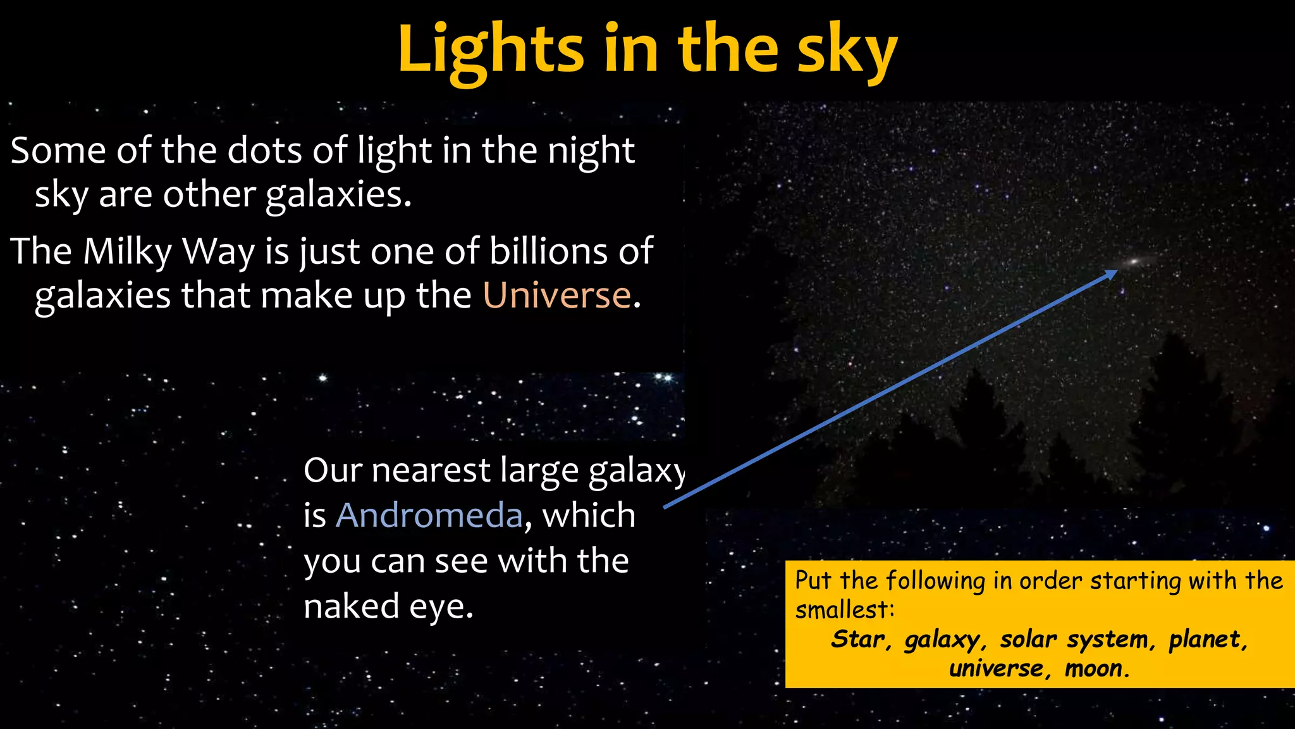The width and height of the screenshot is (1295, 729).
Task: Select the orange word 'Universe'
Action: tap(557, 295)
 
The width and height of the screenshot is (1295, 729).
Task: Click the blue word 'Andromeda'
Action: tap(429, 515)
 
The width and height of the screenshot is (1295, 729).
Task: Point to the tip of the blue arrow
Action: tap(1117, 271)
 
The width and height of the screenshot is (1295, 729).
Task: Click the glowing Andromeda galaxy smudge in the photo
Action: tap(1135, 261)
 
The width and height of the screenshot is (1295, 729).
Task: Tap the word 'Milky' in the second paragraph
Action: tap(127, 251)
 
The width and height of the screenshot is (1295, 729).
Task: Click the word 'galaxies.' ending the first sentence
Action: tap(338, 194)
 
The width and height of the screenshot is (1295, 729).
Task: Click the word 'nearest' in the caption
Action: tap(431, 470)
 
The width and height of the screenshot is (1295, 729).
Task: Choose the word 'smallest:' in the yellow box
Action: tap(844, 610)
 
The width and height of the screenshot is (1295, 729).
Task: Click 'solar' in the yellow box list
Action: tap(1028, 639)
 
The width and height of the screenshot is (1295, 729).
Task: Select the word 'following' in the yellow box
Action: tap(935, 581)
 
